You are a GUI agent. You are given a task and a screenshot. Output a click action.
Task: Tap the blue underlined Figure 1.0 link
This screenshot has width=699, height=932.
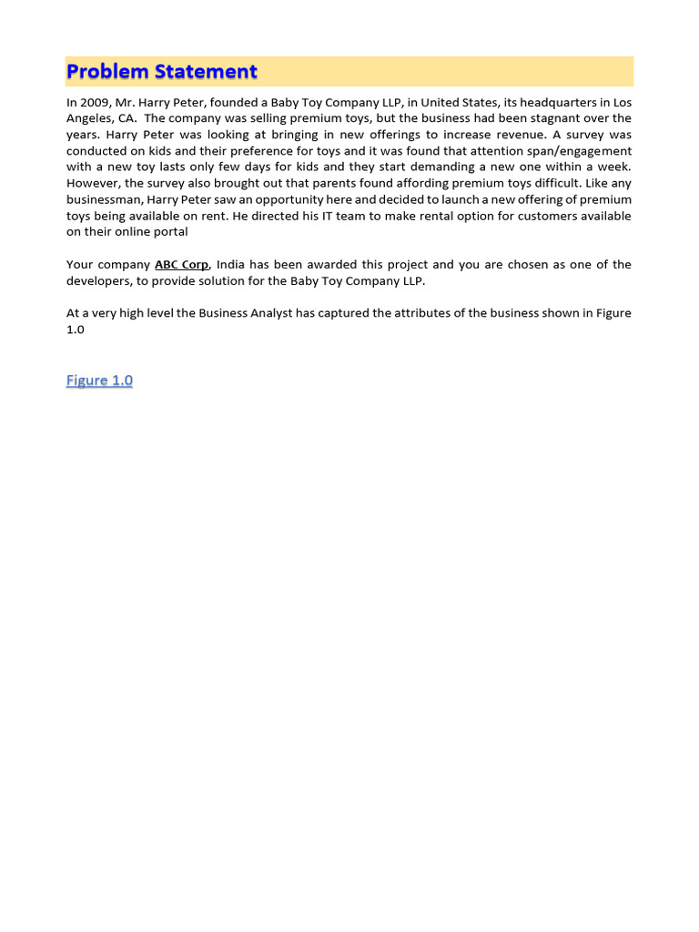click(99, 380)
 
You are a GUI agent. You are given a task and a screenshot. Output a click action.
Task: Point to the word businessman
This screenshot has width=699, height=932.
click(104, 199)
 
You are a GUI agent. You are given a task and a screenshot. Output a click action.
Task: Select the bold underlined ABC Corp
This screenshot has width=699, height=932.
click(182, 265)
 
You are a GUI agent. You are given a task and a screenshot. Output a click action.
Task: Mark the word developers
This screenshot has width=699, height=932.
click(98, 281)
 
